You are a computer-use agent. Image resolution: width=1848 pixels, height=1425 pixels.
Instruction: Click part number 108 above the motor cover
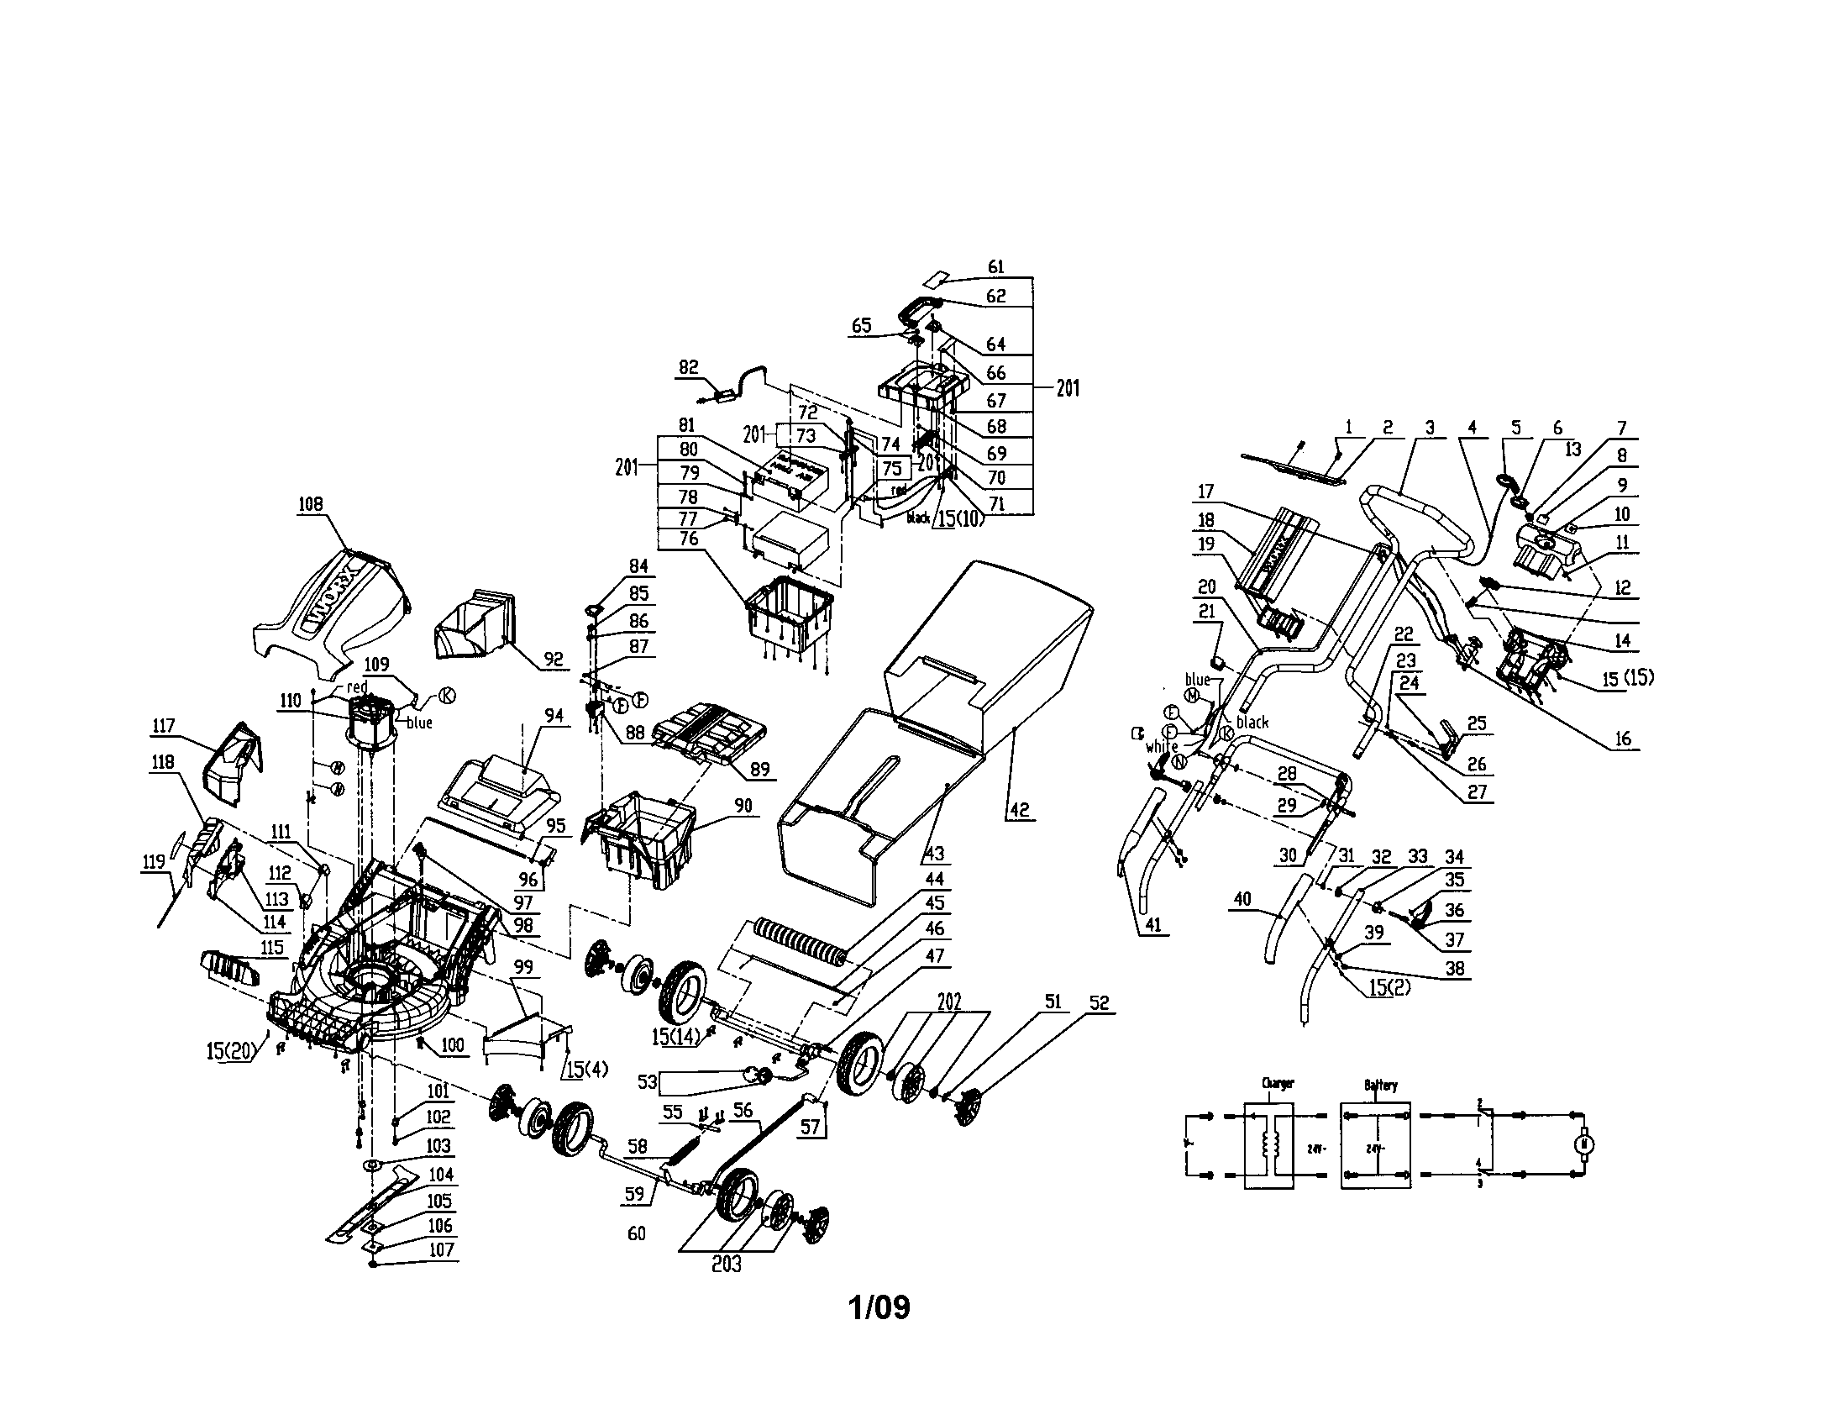[310, 503]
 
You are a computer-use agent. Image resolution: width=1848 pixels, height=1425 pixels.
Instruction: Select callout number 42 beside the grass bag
[1021, 810]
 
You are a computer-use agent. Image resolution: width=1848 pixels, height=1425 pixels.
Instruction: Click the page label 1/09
[879, 1307]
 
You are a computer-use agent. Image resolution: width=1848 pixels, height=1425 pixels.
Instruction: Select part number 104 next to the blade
[441, 1175]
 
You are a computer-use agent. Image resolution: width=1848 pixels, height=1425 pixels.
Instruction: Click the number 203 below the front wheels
[726, 1264]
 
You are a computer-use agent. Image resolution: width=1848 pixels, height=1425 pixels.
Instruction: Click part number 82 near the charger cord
[689, 367]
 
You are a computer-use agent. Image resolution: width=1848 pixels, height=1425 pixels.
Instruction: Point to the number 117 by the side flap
[163, 725]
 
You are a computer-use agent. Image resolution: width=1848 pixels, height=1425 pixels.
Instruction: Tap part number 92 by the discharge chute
[554, 660]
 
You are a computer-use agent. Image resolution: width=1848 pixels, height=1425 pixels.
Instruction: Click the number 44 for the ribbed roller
[934, 879]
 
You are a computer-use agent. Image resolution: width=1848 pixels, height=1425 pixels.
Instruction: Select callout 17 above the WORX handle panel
[1205, 491]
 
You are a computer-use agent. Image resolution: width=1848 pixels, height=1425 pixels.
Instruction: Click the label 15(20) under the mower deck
[230, 1051]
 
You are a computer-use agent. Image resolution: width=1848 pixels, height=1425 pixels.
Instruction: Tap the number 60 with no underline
[637, 1233]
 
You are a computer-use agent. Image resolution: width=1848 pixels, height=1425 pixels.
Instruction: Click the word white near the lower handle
[1162, 747]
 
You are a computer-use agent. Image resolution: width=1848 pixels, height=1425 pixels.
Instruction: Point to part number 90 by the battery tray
[743, 807]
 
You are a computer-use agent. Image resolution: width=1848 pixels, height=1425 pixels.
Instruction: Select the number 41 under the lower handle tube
[1152, 925]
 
